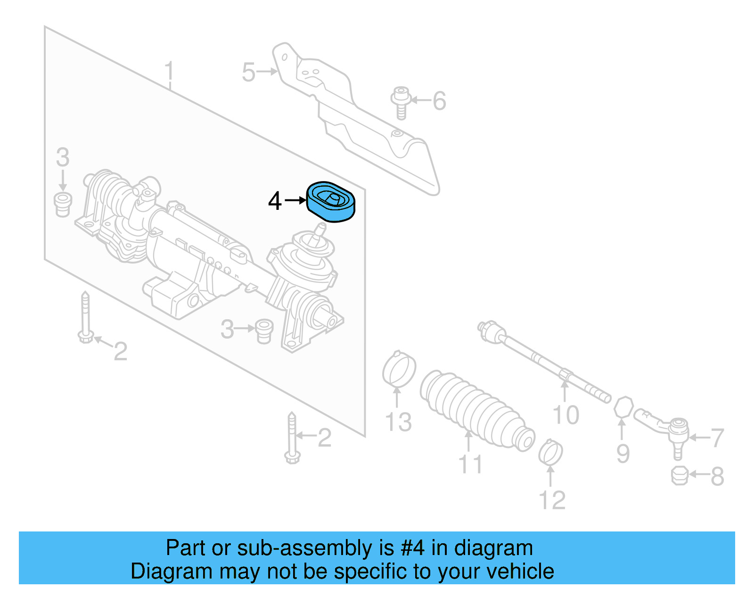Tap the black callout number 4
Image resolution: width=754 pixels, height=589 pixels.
(x=275, y=201)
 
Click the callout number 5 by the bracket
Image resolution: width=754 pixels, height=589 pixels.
(x=248, y=72)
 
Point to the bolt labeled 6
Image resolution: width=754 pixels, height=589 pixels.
(x=401, y=101)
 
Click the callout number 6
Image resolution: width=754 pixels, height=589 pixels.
(x=439, y=101)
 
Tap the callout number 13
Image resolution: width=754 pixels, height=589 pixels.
(x=398, y=422)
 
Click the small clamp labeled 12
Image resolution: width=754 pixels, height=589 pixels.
(x=550, y=452)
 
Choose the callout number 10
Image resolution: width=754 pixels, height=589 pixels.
(x=565, y=415)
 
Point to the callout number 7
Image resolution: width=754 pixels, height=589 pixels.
(x=717, y=437)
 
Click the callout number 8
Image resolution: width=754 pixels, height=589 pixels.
(x=717, y=476)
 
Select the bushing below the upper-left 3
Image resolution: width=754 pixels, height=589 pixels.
(x=62, y=204)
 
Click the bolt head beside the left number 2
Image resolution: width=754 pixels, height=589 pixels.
(x=85, y=336)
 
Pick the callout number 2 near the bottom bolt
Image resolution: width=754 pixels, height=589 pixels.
(x=324, y=438)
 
